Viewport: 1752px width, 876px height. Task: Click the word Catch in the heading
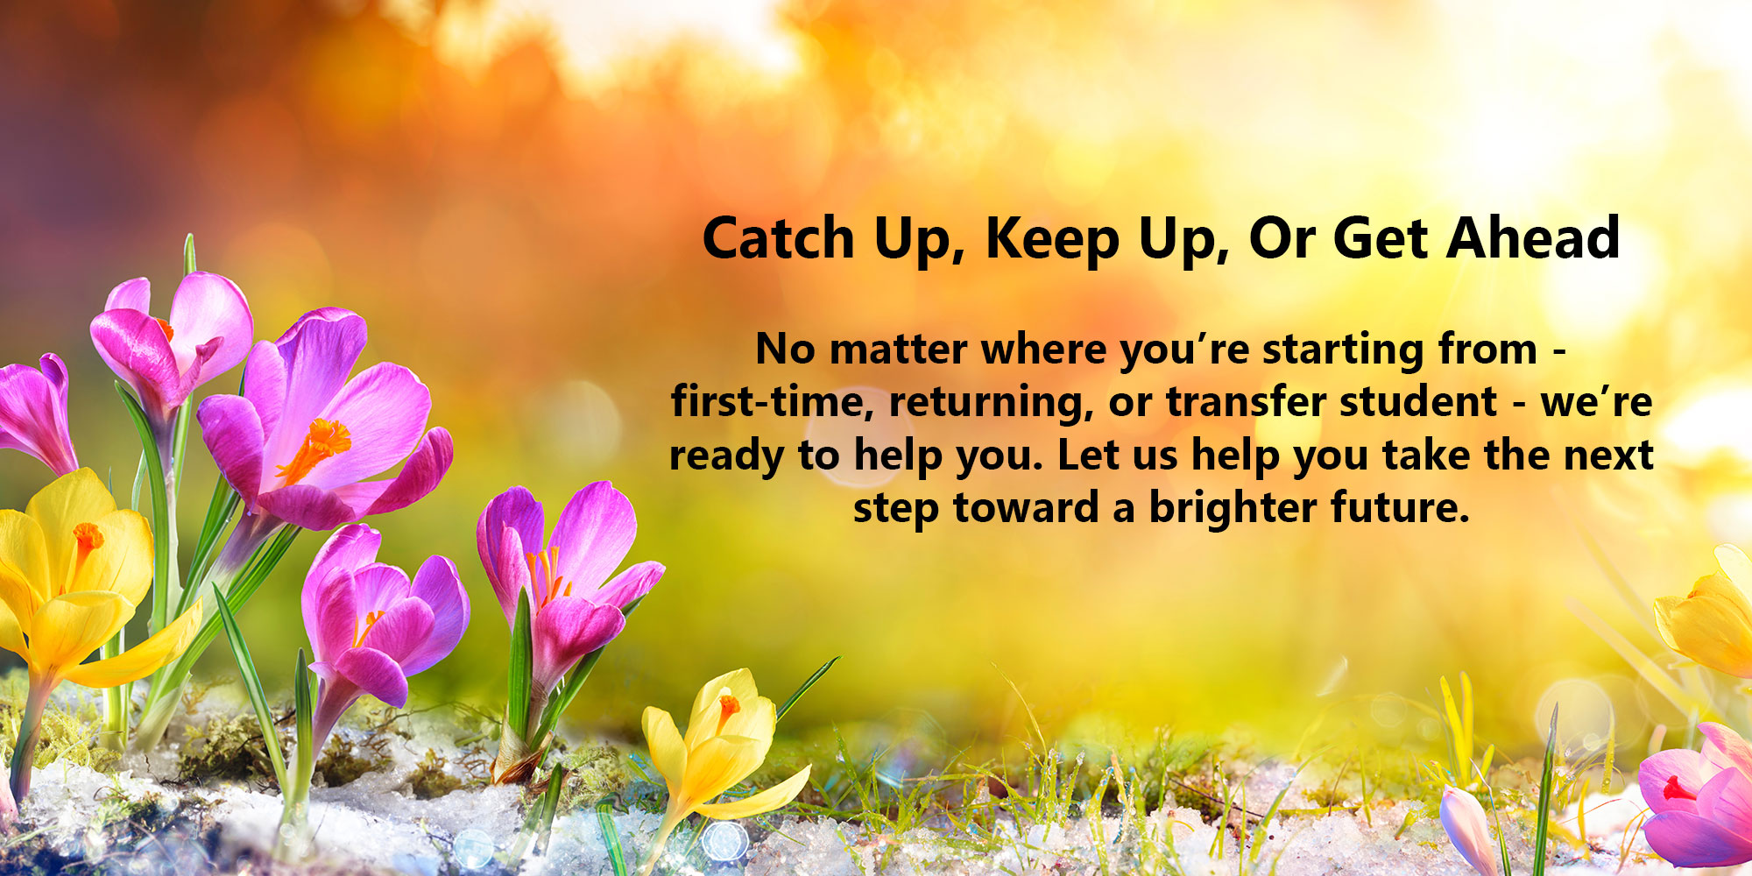778,238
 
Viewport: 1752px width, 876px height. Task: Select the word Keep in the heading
1052,238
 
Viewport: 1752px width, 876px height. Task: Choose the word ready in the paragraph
726,456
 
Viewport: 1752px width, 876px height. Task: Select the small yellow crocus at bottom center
714,745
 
